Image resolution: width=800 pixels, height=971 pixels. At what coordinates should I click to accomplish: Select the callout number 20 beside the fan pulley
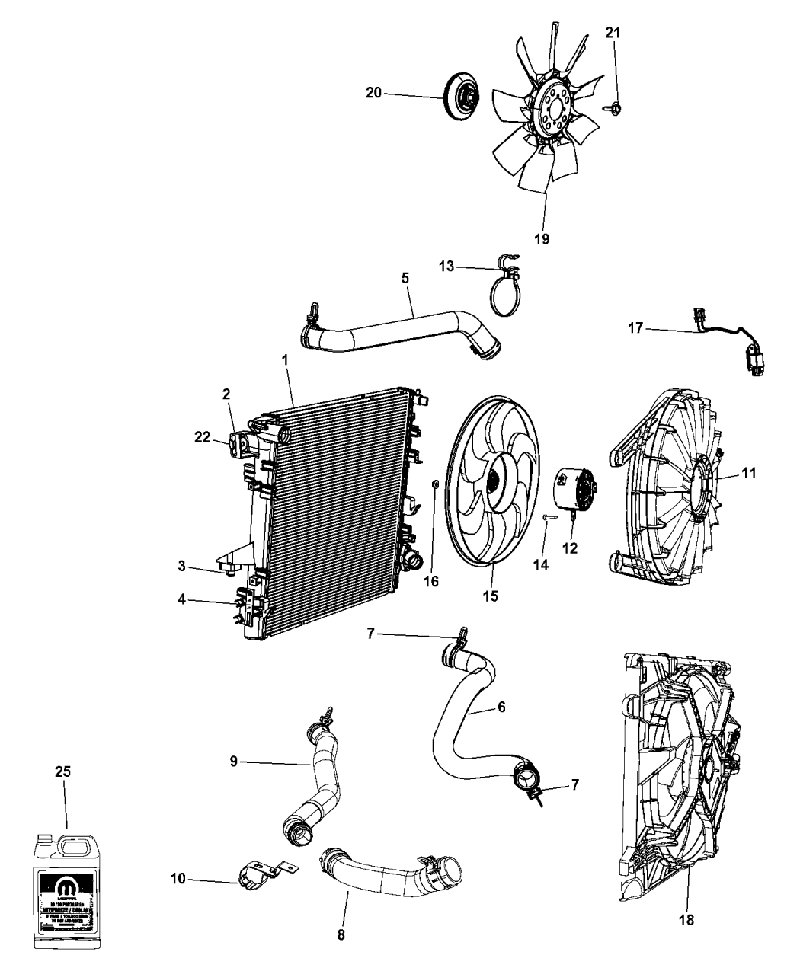click(x=373, y=93)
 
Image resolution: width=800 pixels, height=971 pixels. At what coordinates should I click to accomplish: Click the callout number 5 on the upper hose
click(x=406, y=279)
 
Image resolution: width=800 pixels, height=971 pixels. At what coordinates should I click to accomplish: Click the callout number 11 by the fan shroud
click(x=749, y=473)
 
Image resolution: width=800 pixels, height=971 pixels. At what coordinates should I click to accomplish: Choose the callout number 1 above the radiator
click(x=286, y=359)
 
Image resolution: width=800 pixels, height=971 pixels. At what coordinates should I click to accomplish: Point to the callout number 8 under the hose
click(x=341, y=934)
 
